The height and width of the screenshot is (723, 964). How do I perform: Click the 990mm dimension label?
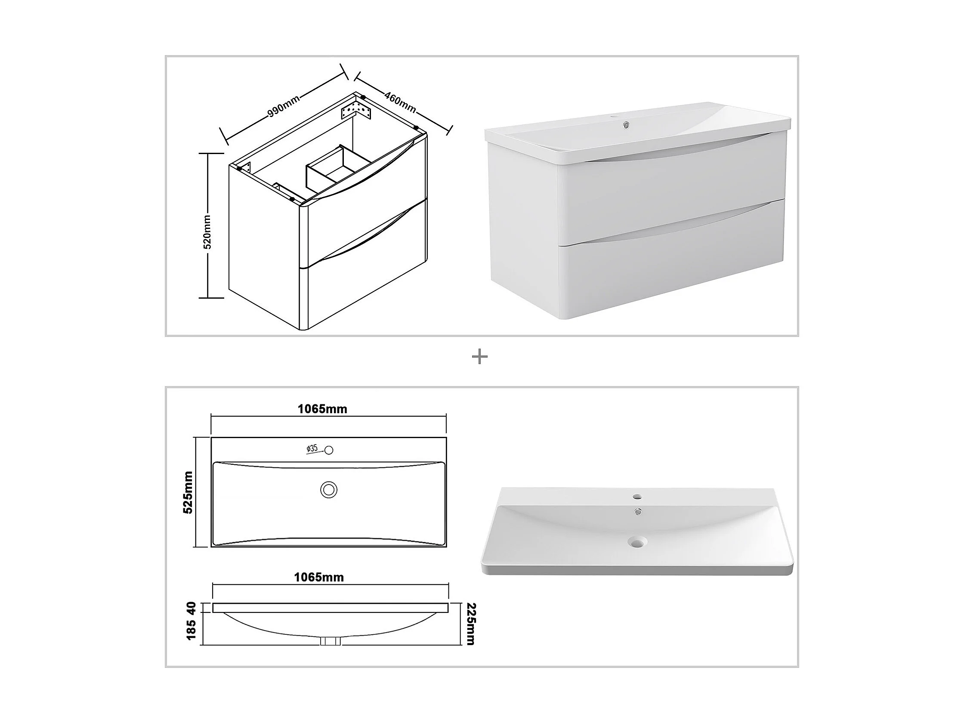pos(284,106)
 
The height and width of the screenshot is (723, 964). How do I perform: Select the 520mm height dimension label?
pos(207,232)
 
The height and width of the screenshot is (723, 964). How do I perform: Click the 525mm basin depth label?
pos(188,492)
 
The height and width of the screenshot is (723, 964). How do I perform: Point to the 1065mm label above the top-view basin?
pos(322,409)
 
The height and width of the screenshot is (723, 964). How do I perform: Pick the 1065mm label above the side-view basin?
pos(319,577)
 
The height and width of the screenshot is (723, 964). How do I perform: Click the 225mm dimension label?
pos(471,624)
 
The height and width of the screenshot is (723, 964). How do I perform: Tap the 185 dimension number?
pos(191,630)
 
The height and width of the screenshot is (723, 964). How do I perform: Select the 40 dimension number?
pos(191,608)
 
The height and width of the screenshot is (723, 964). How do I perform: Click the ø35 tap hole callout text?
pos(312,448)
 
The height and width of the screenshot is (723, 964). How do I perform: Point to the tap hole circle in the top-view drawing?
pos(329,450)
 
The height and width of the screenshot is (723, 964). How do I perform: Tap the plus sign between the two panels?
pos(480,357)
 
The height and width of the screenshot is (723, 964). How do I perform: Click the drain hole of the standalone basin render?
pos(637,542)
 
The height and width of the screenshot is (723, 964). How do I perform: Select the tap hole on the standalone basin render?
pos(637,496)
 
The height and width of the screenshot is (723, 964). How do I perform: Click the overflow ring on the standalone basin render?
pos(638,513)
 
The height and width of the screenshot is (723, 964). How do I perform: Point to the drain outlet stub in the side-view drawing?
pos(331,641)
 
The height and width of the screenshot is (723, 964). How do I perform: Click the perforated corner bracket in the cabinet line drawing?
pos(356,109)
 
